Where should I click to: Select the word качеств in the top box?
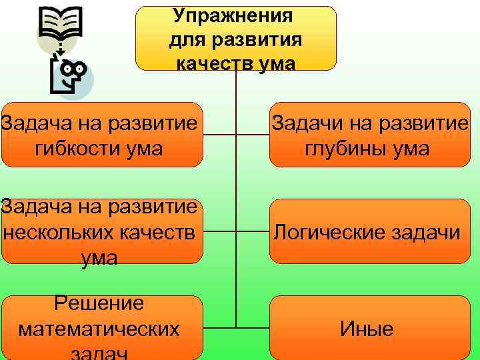point(207,63)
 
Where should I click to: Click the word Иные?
point(367,329)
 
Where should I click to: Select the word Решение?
point(99,304)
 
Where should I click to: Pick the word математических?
point(99,329)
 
